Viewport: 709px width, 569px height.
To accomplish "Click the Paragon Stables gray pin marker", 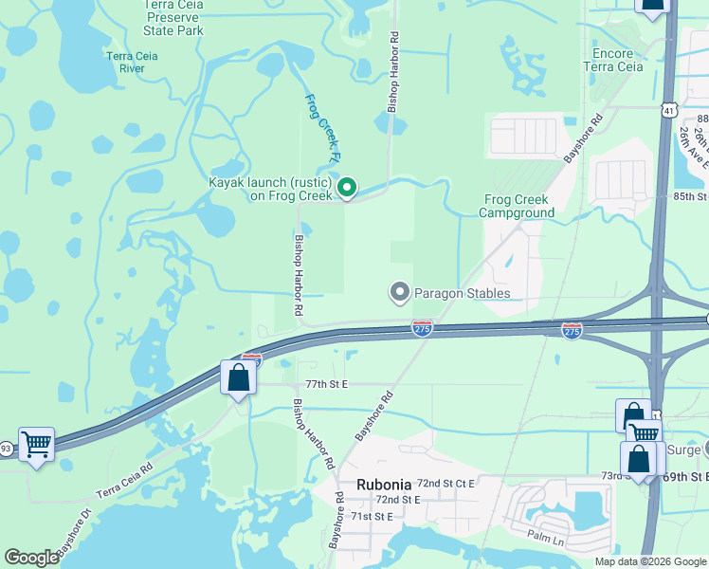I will (400, 293).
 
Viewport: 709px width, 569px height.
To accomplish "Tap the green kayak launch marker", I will (347, 190).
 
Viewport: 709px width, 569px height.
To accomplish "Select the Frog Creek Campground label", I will (518, 206).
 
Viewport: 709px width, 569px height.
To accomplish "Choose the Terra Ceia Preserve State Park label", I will (173, 17).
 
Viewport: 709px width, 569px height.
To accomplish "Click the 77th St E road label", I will (327, 384).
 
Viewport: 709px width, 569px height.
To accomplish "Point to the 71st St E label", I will (372, 517).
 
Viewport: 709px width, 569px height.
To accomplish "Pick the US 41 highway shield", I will (668, 111).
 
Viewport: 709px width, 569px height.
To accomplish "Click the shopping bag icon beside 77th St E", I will (239, 378).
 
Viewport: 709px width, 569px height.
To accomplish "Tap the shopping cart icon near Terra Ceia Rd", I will (36, 443).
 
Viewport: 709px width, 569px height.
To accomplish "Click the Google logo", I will (32, 558).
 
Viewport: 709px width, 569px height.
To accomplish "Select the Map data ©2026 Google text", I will (650, 561).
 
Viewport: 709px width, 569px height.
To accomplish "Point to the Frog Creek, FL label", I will (322, 126).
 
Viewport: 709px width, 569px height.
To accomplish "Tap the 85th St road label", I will (690, 196).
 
